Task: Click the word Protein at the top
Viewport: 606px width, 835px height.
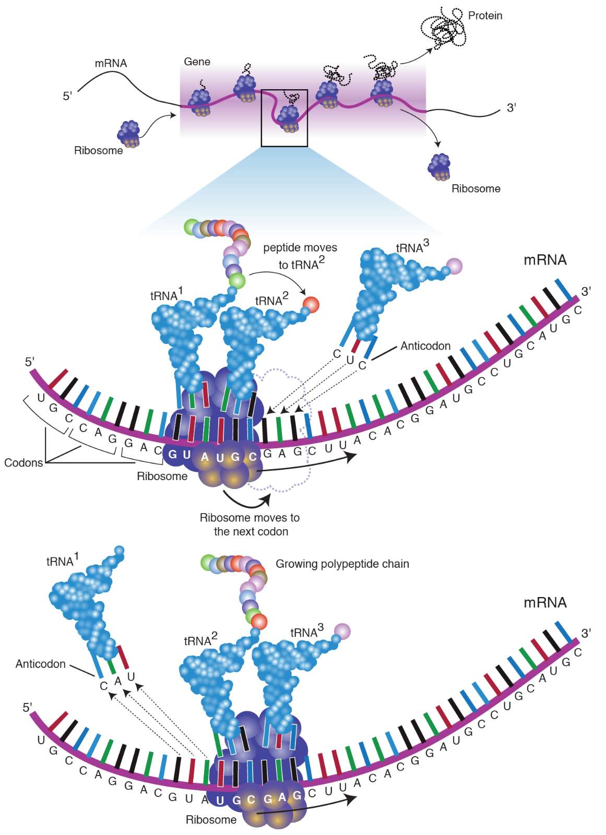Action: [485, 16]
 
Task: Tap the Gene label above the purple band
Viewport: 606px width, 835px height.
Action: [197, 62]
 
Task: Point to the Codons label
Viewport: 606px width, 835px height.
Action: [23, 462]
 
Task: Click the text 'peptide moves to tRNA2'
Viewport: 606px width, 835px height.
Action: [300, 256]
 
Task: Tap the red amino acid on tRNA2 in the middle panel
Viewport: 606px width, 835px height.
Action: [311, 304]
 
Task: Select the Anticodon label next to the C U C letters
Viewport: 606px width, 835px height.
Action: [425, 346]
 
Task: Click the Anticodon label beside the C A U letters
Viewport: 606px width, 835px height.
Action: [40, 664]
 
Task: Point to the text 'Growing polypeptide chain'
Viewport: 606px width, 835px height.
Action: [342, 564]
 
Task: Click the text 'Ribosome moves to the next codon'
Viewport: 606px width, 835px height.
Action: [250, 524]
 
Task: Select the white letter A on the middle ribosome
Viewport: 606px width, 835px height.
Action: [205, 457]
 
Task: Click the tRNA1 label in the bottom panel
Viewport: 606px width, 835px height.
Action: [62, 560]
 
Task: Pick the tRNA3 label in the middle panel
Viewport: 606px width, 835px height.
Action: [412, 246]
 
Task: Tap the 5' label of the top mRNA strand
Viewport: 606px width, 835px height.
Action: [67, 96]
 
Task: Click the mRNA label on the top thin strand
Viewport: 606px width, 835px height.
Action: [111, 63]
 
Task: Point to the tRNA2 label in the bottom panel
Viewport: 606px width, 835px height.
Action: [200, 640]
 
